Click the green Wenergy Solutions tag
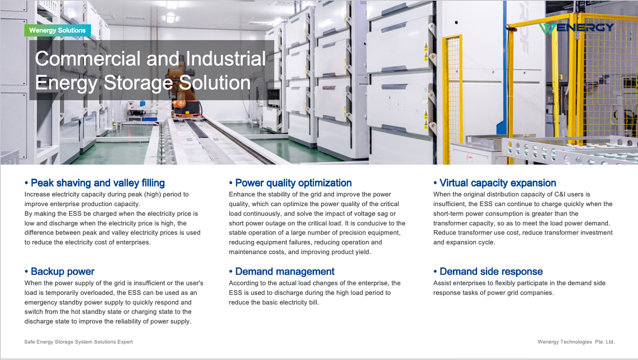point(57,30)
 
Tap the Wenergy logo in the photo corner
point(576,28)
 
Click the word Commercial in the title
point(88,59)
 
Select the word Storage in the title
point(138,83)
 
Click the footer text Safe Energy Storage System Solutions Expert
point(78,342)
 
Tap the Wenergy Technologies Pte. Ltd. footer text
point(576,342)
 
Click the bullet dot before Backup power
point(26,271)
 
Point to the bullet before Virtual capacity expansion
point(435,183)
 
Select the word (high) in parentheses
point(152,195)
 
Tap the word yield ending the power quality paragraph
point(362,252)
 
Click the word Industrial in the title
point(226,59)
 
